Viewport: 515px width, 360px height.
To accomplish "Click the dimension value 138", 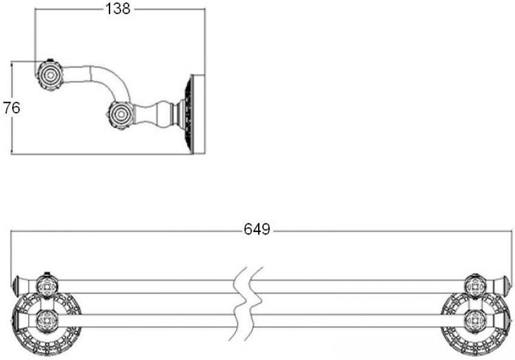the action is tap(117, 9).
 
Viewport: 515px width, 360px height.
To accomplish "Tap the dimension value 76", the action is tap(12, 108).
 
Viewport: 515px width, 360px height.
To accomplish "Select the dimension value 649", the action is tap(257, 229).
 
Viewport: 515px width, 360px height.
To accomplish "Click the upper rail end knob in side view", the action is tap(50, 76).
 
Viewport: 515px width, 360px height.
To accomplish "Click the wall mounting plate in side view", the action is tap(193, 114).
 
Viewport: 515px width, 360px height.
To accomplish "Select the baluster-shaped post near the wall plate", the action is tap(158, 115).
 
